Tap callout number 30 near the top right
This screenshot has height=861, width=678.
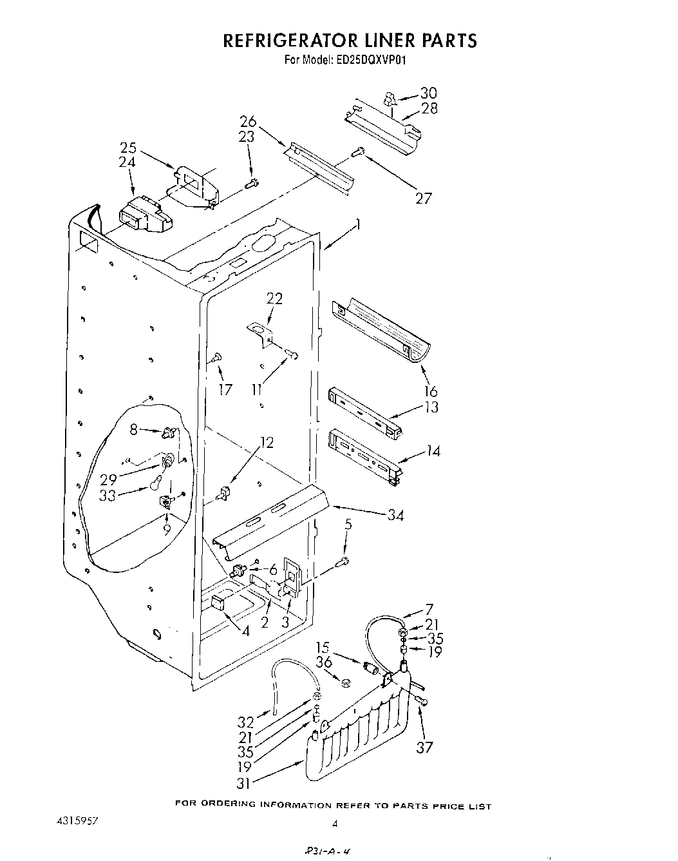tap(428, 93)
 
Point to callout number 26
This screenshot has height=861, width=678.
tap(248, 121)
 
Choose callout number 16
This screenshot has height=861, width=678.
tap(431, 391)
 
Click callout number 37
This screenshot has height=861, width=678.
tap(424, 748)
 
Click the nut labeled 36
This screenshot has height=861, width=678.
tap(344, 682)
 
